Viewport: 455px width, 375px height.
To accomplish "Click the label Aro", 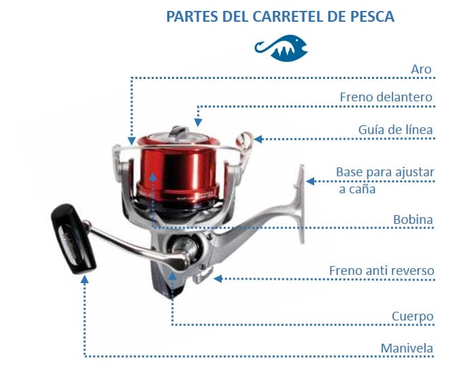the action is point(422,69).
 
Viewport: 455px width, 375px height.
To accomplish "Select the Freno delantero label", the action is point(386,97).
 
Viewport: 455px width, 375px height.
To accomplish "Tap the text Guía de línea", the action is point(396,129).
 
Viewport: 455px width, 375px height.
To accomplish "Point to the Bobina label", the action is point(414,219).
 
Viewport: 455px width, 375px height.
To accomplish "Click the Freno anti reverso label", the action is point(382,270).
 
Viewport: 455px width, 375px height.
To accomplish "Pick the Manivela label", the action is point(407,348).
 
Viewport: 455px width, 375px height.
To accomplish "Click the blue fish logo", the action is point(282,47).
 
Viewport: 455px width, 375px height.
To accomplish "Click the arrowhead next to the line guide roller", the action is point(260,139).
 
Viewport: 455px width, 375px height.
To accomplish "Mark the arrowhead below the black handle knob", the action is point(85,280).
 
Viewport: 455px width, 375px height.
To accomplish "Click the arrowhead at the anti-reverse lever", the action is point(218,278).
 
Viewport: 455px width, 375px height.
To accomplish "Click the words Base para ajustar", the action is point(385,172).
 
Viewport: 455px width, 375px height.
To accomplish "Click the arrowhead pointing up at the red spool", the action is point(154,178).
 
